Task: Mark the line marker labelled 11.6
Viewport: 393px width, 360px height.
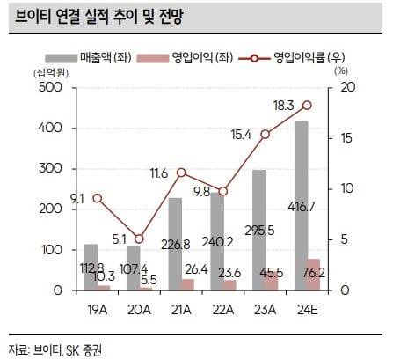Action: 181,173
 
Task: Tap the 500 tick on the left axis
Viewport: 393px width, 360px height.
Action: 51,88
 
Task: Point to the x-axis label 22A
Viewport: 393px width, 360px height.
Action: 223,308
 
